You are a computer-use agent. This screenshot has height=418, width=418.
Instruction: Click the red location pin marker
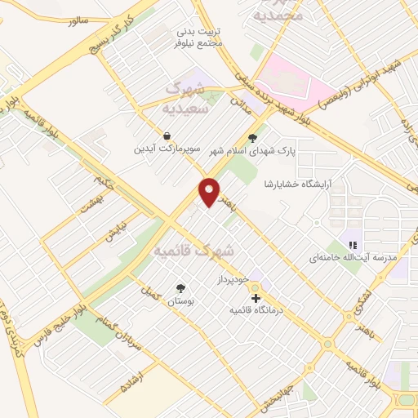click(x=211, y=193)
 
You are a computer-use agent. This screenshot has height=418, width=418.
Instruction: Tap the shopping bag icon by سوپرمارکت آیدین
click(x=167, y=136)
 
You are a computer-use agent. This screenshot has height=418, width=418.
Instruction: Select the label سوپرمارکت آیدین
click(x=167, y=150)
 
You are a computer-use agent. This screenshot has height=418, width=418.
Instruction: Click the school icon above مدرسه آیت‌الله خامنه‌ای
click(x=354, y=243)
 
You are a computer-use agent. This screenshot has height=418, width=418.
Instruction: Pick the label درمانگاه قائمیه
click(x=256, y=311)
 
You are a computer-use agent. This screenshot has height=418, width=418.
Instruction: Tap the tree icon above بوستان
click(x=180, y=287)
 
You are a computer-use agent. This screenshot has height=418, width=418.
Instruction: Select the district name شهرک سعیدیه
click(x=187, y=96)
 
